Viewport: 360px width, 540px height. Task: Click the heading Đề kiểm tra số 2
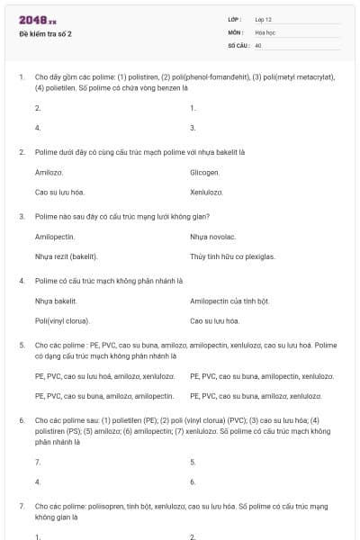46,33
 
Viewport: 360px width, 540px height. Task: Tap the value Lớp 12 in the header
265,19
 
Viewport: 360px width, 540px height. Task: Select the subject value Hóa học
265,31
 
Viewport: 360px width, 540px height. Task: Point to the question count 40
258,44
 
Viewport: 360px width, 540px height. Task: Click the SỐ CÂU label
237,44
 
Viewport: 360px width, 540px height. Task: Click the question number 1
21,77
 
